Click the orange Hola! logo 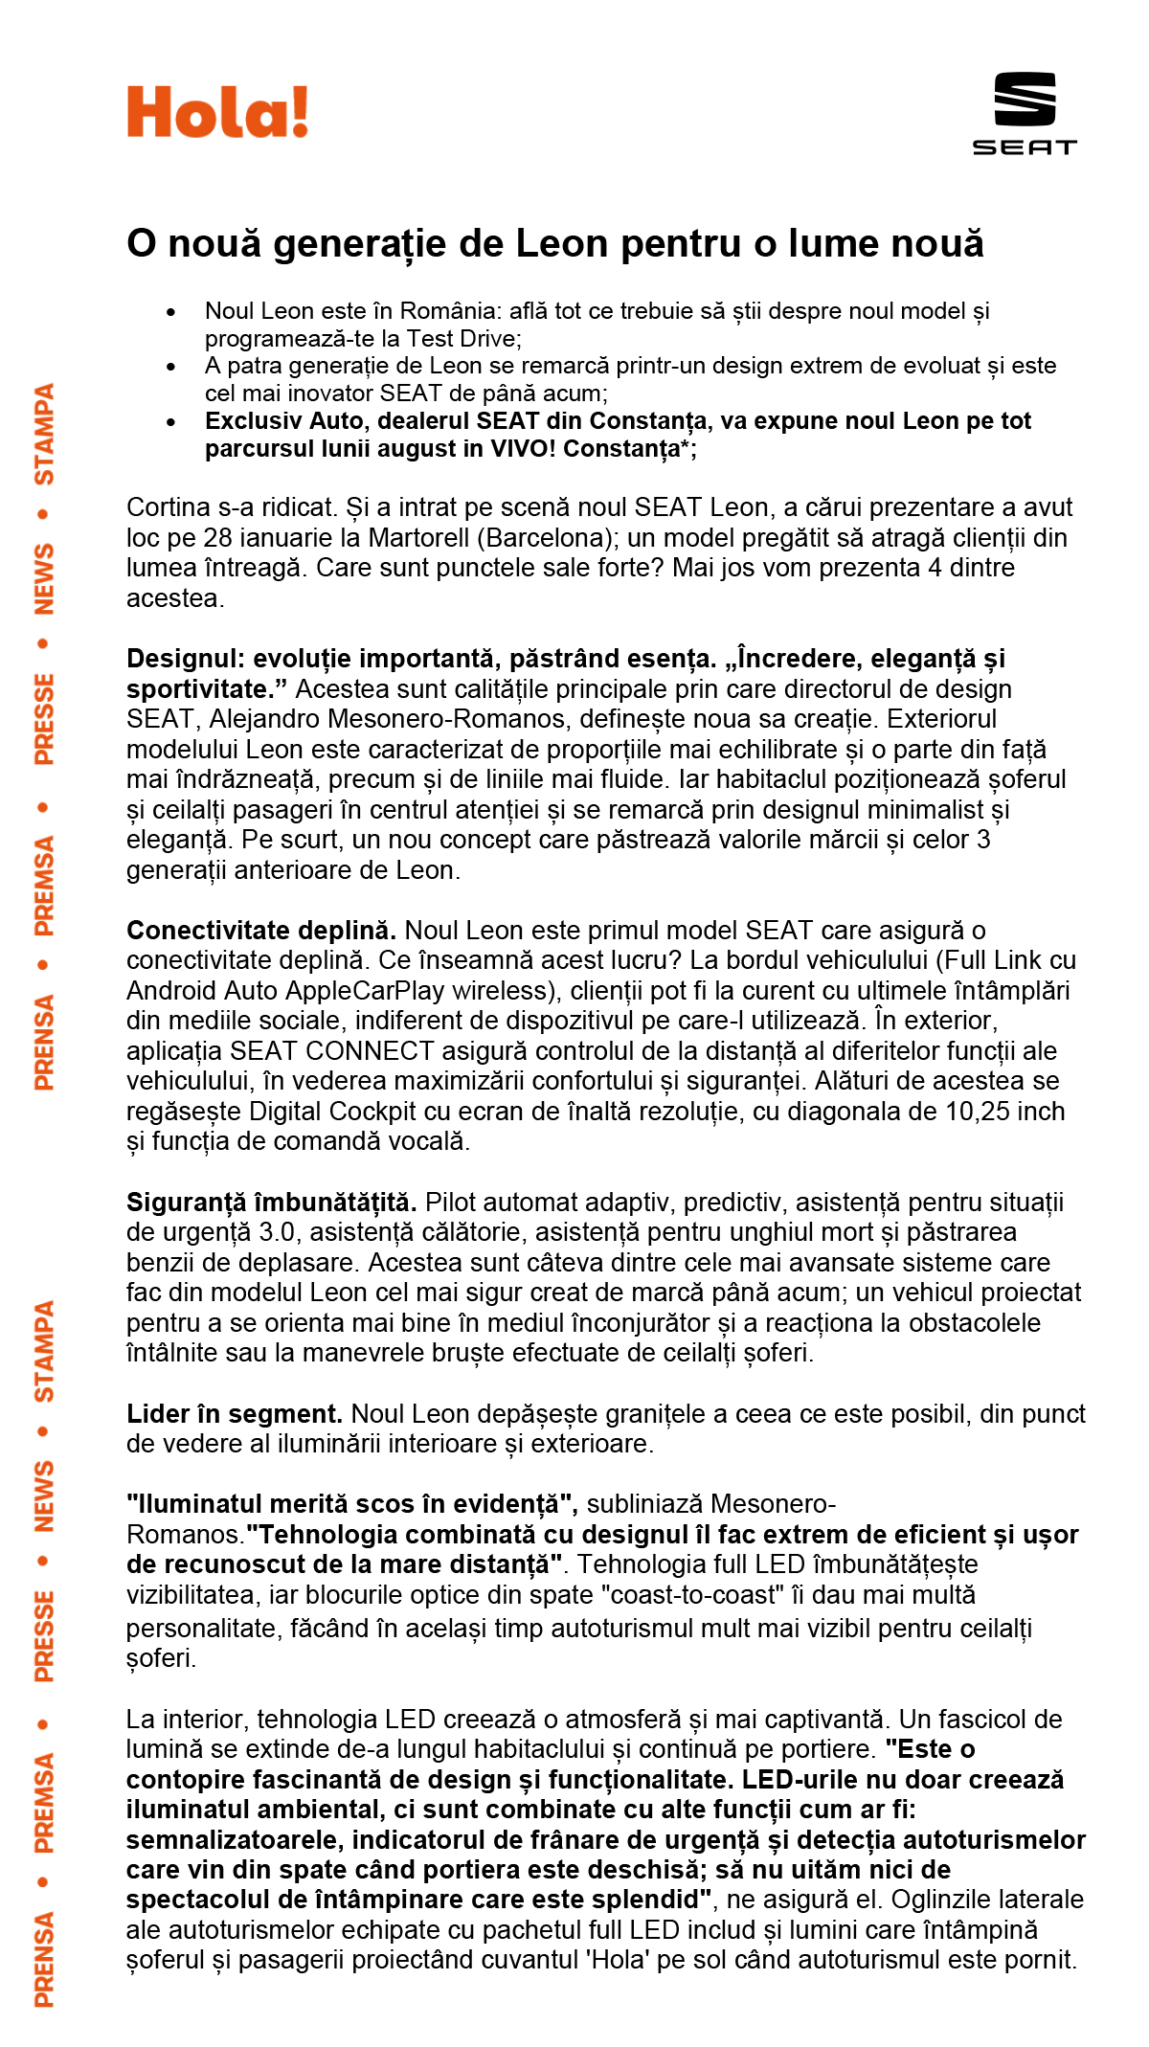[x=217, y=112]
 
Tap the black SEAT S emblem [x=1025, y=99]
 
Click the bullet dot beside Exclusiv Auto [x=171, y=422]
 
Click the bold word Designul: [x=186, y=659]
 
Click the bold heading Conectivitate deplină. [x=261, y=931]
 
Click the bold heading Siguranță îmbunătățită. [x=271, y=1203]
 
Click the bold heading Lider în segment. [x=235, y=1414]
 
